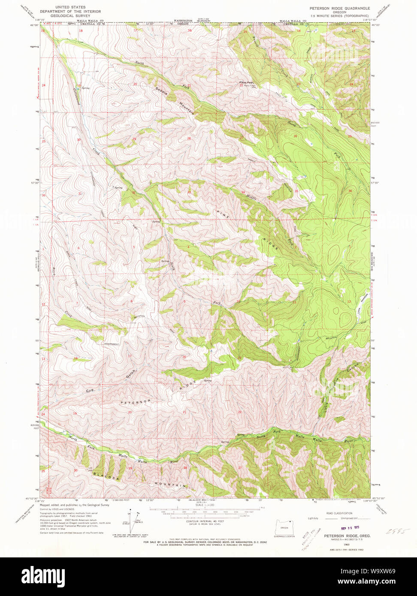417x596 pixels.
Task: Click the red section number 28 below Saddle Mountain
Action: (189, 138)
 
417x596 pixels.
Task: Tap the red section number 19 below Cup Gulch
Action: (75, 413)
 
